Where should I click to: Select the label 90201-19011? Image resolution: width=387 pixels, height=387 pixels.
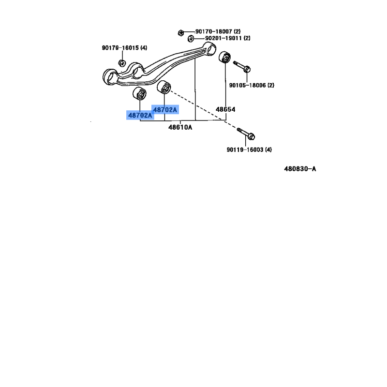223,38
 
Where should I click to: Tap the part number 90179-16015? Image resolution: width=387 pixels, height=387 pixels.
120,48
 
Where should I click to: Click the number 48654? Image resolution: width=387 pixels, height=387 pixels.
225,109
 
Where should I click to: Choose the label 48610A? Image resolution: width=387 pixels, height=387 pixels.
180,127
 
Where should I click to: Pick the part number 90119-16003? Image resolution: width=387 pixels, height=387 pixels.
245,150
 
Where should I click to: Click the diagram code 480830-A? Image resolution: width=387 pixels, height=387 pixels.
300,169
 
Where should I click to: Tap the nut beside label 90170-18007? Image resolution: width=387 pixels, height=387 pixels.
180,32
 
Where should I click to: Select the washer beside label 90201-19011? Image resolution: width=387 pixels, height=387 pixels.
191,39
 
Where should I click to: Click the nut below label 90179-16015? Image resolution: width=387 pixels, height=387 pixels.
122,63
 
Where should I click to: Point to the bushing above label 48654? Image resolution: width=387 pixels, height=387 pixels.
224,57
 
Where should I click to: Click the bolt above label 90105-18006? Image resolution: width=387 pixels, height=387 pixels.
242,67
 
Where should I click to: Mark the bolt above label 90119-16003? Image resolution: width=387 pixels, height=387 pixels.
246,134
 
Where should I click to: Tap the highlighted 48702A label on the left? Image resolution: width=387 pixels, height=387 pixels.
140,115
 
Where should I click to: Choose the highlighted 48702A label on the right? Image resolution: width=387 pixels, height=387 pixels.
165,110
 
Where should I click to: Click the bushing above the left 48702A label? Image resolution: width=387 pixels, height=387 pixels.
139,93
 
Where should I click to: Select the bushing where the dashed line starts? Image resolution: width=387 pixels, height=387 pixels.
164,87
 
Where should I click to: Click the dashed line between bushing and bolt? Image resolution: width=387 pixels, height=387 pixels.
203,109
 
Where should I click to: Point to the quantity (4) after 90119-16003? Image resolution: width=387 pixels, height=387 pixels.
268,150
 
